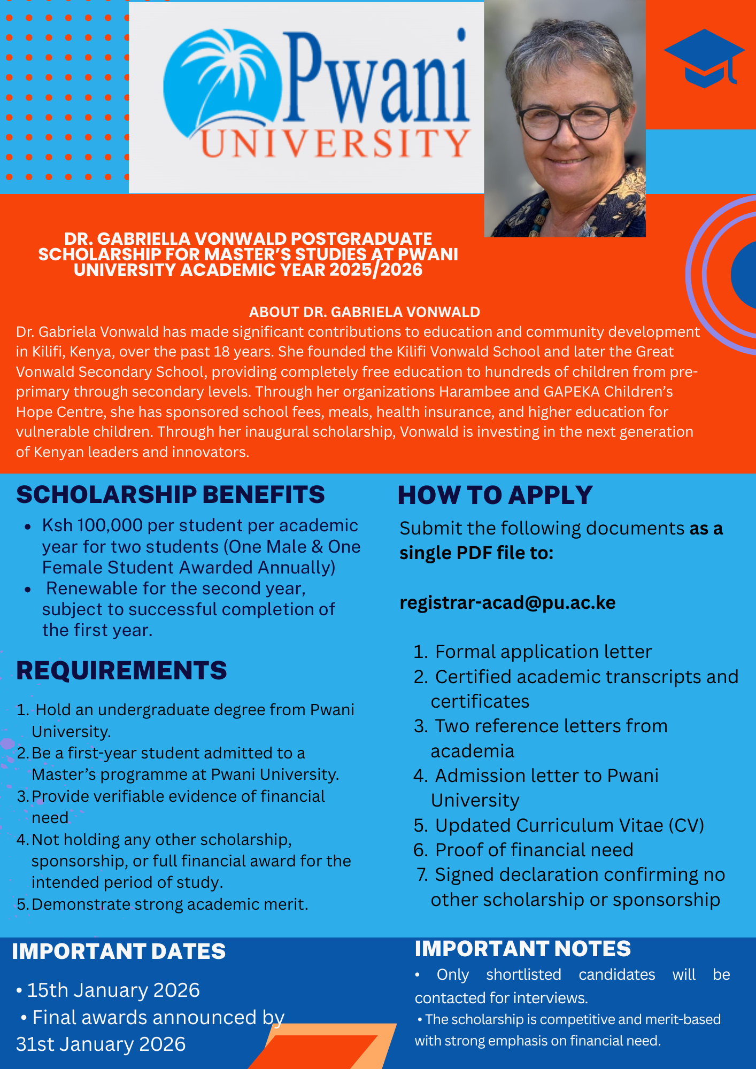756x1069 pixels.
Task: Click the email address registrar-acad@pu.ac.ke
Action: pyautogui.click(x=507, y=602)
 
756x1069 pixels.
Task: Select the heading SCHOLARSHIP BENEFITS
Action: pyautogui.click(x=171, y=494)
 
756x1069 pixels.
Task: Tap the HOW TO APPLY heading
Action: pyautogui.click(x=495, y=495)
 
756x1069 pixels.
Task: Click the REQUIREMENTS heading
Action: pyautogui.click(x=121, y=670)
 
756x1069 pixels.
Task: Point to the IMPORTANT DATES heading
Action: pyautogui.click(x=119, y=951)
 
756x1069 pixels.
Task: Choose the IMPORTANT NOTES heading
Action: pyautogui.click(x=522, y=949)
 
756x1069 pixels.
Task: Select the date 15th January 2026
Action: pyautogui.click(x=113, y=990)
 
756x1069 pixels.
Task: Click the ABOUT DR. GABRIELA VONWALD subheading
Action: pyautogui.click(x=365, y=312)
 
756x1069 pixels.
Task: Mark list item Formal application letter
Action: pyautogui.click(x=543, y=652)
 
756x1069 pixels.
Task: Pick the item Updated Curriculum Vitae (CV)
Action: pyautogui.click(x=569, y=825)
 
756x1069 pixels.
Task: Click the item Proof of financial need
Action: pyautogui.click(x=534, y=850)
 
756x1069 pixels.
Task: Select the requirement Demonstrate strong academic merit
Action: pyautogui.click(x=170, y=904)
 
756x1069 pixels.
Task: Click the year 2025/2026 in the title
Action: pyautogui.click(x=376, y=269)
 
